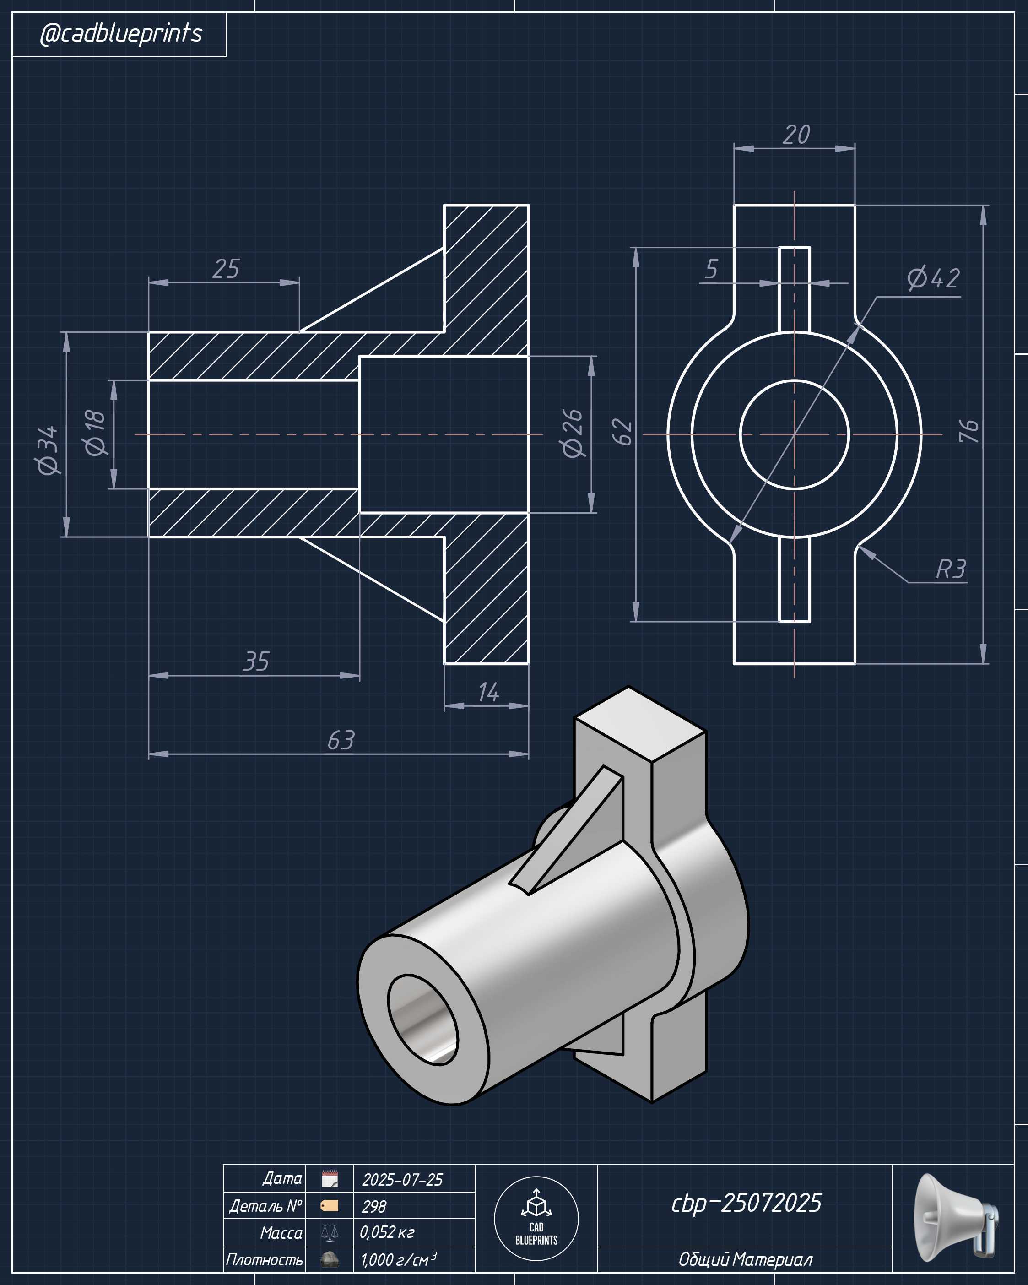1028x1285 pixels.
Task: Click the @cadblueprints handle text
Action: (x=121, y=33)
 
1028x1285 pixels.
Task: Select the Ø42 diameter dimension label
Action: (x=933, y=278)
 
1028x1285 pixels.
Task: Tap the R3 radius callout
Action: (x=951, y=569)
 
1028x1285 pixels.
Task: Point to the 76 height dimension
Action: (x=969, y=431)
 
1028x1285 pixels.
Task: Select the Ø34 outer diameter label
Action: (x=48, y=450)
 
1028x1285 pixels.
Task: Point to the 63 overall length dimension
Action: (x=341, y=740)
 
